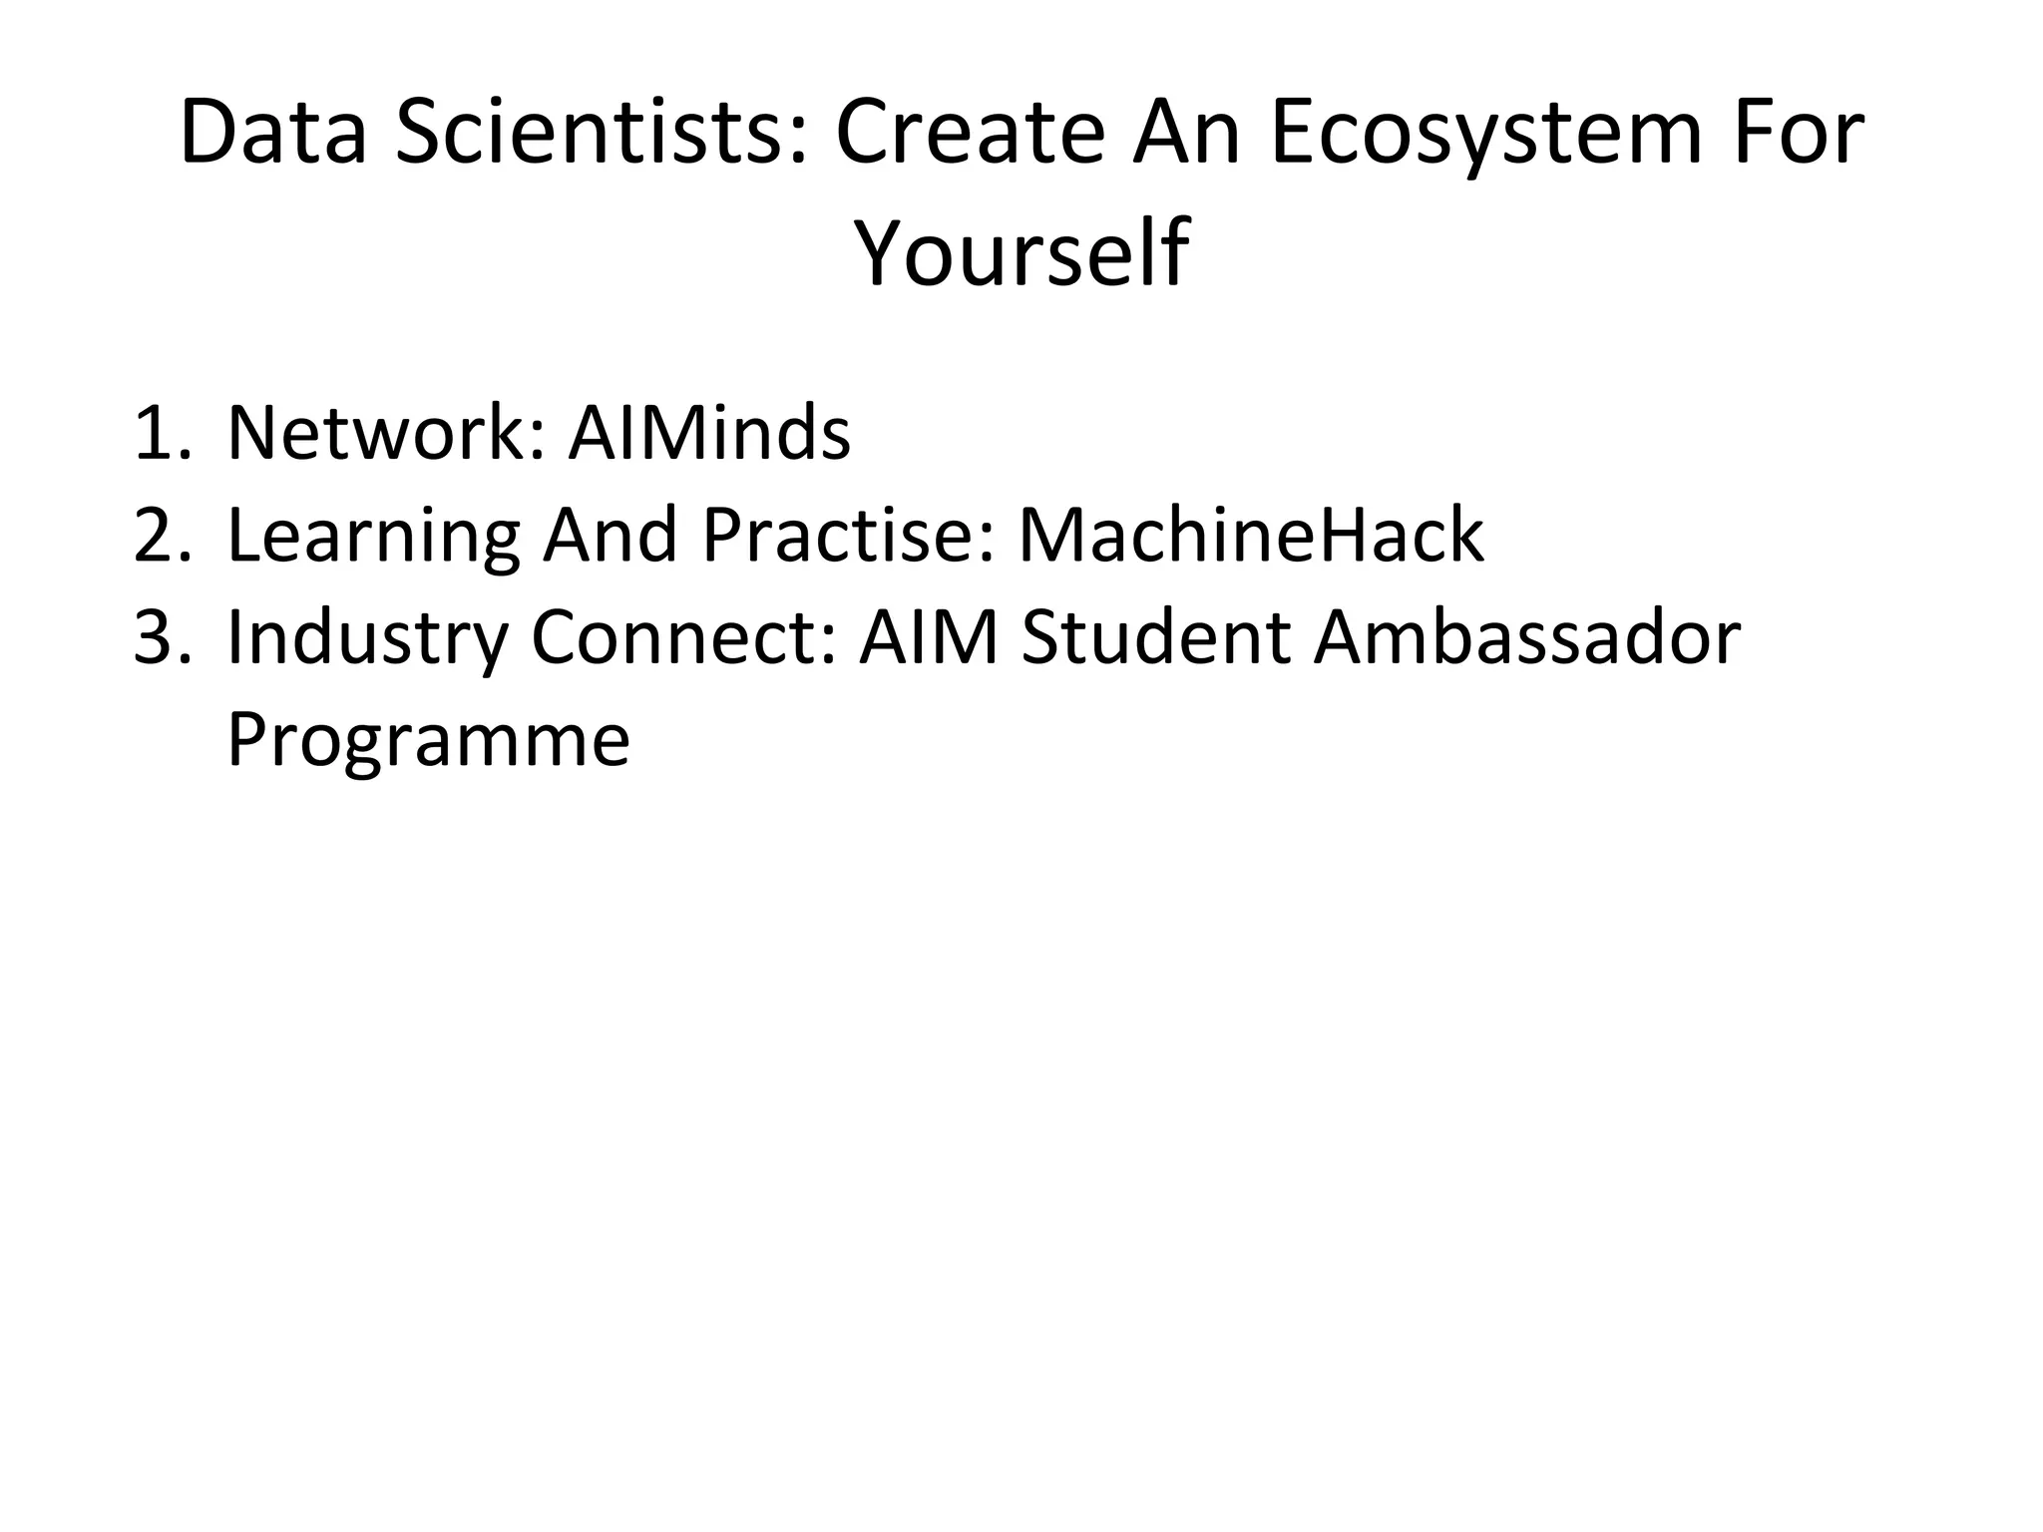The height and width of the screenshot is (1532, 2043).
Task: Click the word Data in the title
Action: pyautogui.click(x=273, y=134)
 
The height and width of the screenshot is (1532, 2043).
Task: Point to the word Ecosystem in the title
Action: pyautogui.click(x=1484, y=134)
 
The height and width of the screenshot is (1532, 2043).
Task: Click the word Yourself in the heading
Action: pyautogui.click(x=1021, y=254)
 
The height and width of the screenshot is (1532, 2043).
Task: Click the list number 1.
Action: pyautogui.click(x=160, y=434)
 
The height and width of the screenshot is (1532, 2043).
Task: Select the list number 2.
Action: pyautogui.click(x=160, y=536)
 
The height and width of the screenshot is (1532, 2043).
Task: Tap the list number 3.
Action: pyautogui.click(x=160, y=638)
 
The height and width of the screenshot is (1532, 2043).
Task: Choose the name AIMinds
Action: pyautogui.click(x=709, y=434)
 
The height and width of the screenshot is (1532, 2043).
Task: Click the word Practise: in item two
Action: pyautogui.click(x=849, y=536)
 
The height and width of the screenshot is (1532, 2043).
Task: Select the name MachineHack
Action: pyautogui.click(x=1251, y=536)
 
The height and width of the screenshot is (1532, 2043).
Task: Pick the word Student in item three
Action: pyautogui.click(x=1156, y=638)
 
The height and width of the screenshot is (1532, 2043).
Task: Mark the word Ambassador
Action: pyautogui.click(x=1526, y=638)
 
